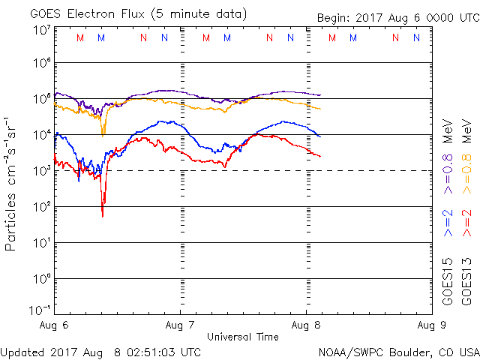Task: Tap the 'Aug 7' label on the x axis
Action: [x=180, y=325]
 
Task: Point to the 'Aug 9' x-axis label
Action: [x=430, y=325]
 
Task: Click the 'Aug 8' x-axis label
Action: [x=305, y=325]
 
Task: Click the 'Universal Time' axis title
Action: [x=242, y=337]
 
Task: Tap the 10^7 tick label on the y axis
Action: [x=41, y=29]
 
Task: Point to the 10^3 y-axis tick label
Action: [x=41, y=170]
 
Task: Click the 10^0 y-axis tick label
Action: [x=41, y=278]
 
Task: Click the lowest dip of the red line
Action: [x=103, y=216]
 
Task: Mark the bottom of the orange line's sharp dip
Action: [x=103, y=134]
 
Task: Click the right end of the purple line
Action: [x=320, y=95]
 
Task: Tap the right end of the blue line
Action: [x=320, y=136]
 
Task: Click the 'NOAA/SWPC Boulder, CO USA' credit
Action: [x=398, y=351]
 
